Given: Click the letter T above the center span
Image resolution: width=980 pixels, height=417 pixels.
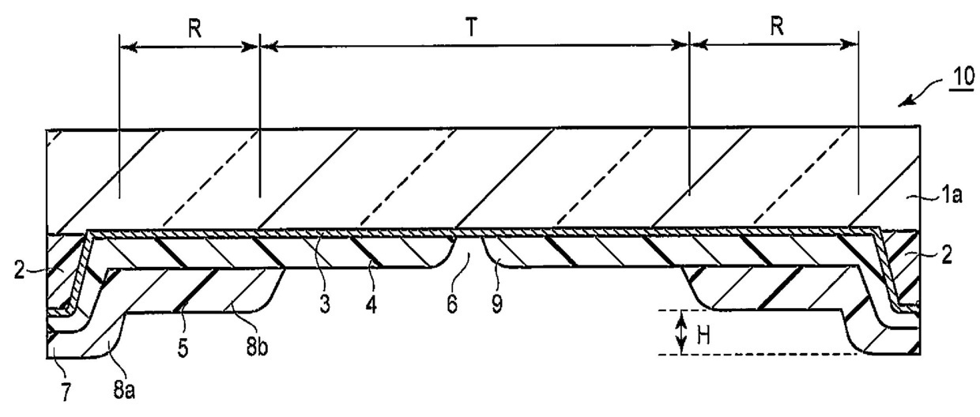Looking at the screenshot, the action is click(x=471, y=28).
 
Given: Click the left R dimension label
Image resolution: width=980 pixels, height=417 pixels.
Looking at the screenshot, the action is click(x=194, y=29).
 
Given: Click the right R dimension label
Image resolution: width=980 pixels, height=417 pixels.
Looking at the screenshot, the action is click(x=777, y=27).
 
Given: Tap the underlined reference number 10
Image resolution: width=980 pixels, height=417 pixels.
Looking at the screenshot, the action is click(x=963, y=77).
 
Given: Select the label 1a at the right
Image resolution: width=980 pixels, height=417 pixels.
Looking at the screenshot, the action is click(x=952, y=195).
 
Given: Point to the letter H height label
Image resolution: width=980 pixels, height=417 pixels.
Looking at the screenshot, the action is click(x=703, y=336).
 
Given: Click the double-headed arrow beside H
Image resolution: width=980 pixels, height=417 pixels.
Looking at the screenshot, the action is click(x=681, y=333).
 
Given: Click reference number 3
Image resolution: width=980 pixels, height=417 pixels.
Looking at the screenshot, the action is click(x=325, y=305).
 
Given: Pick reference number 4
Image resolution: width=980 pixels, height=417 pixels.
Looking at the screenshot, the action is click(x=371, y=305).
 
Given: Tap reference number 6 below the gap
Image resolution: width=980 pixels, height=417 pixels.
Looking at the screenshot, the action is click(x=452, y=304).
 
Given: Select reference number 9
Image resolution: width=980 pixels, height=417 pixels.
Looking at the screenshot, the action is click(x=496, y=304).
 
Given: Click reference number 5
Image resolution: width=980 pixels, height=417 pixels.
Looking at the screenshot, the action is click(x=183, y=348).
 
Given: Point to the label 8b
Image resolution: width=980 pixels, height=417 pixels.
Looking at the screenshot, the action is click(x=257, y=348).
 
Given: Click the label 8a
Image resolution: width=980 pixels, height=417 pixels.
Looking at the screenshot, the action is click(x=124, y=389).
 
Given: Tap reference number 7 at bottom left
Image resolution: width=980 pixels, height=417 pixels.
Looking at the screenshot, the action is click(x=65, y=392).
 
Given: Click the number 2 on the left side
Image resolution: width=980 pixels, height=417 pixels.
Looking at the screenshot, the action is click(x=19, y=271).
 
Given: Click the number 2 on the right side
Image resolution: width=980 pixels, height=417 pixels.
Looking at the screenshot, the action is click(x=947, y=255).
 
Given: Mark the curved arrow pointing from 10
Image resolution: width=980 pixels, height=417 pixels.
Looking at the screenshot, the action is click(x=920, y=91).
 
